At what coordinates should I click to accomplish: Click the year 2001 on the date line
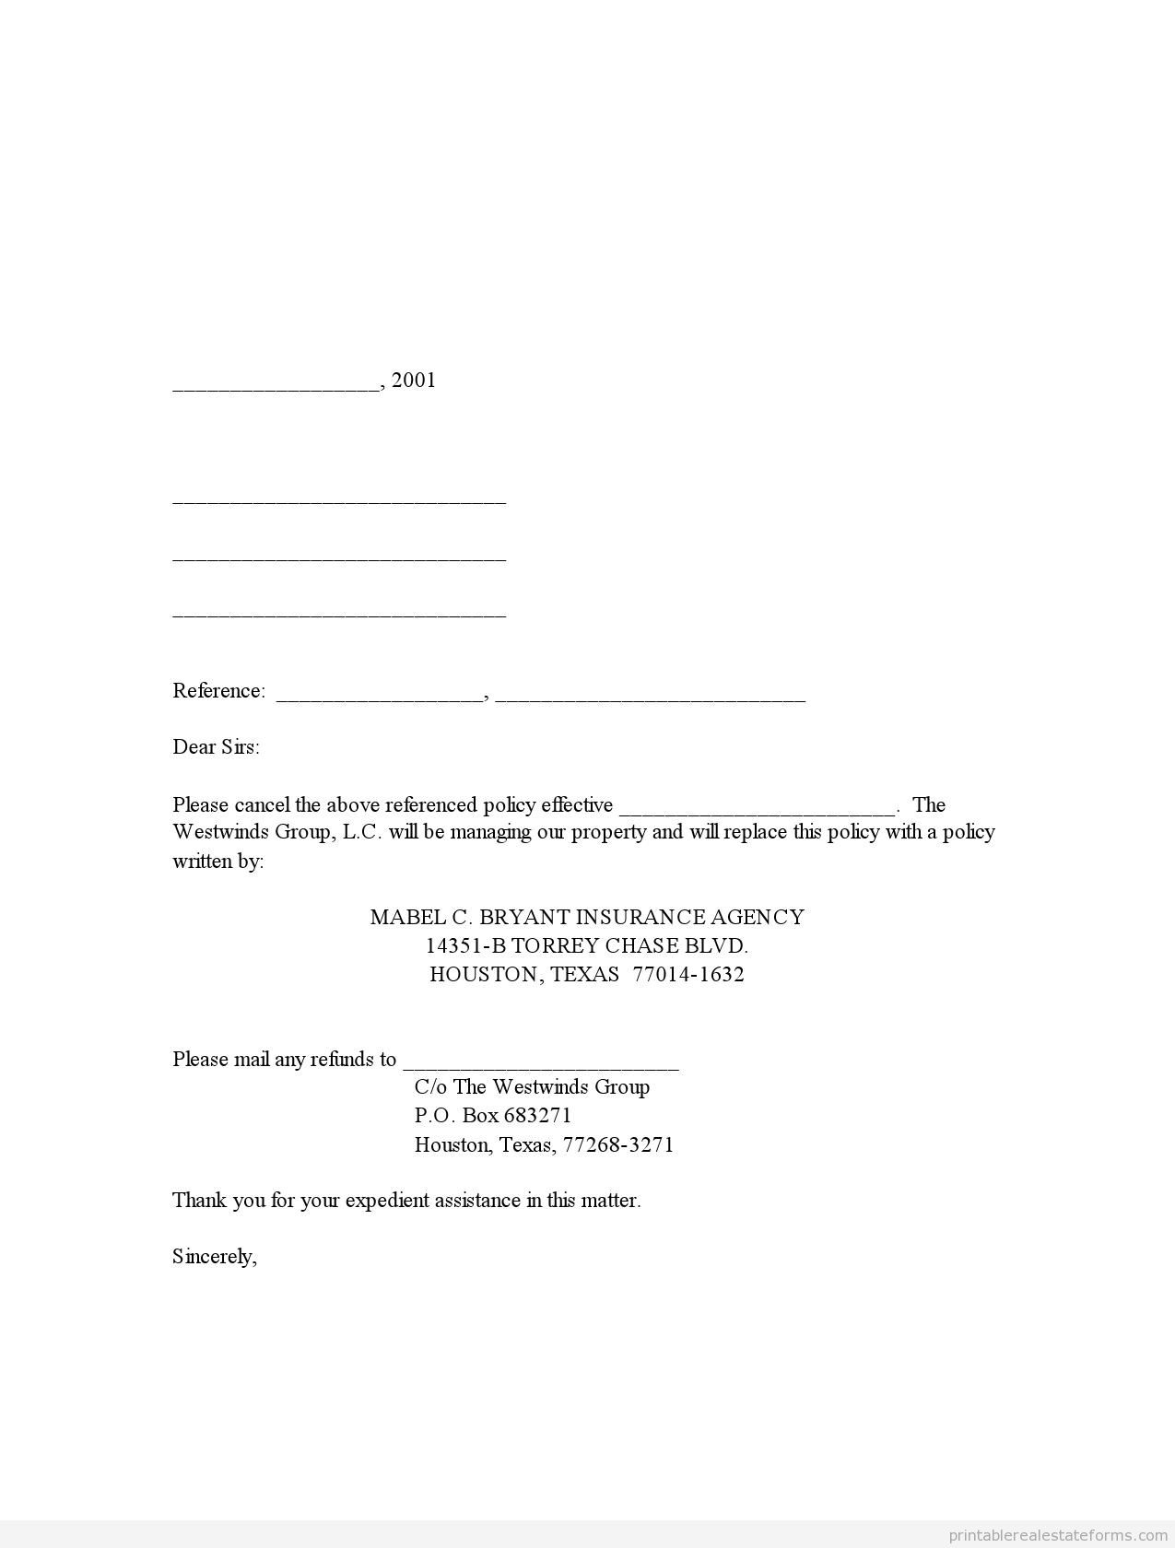(414, 381)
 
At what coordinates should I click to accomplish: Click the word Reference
(217, 691)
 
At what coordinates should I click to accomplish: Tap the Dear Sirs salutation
(216, 747)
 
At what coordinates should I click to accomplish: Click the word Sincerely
(214, 1257)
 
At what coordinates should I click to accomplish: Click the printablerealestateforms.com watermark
(1057, 1535)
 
